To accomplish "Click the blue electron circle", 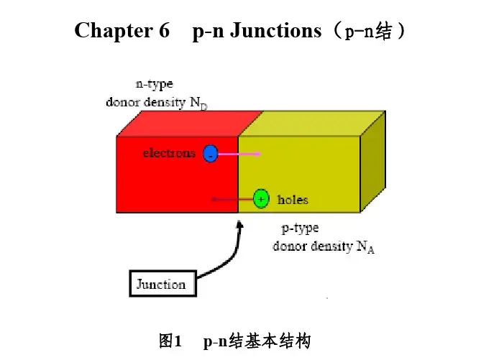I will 210,153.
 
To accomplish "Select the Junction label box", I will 161,284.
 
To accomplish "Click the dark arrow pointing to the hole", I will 230,199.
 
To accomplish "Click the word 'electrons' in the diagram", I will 169,153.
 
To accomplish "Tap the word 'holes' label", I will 293,200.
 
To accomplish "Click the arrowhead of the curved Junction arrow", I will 240,225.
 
